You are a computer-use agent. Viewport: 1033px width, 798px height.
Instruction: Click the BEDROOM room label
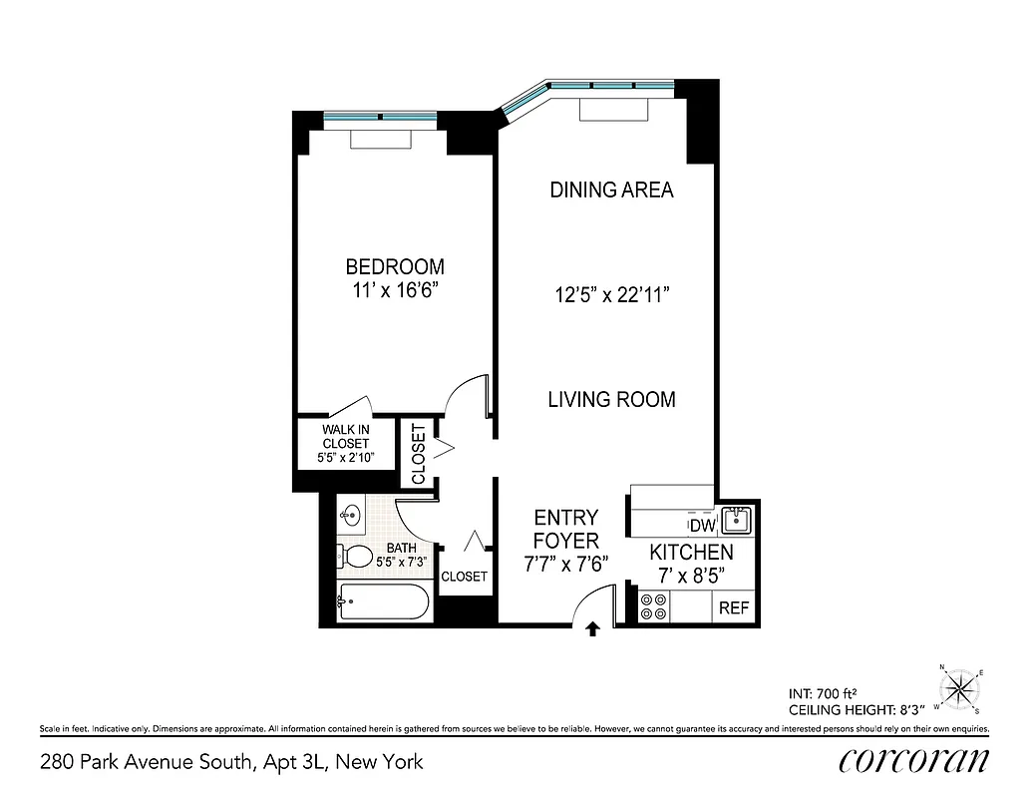tap(395, 267)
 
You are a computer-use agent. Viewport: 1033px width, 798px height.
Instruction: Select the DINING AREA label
tap(611, 190)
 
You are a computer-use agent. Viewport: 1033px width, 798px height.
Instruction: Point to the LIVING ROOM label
tap(611, 400)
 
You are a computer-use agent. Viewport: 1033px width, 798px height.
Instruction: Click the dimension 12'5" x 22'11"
tap(611, 295)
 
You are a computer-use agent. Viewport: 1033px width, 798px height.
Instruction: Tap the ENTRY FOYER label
tap(565, 530)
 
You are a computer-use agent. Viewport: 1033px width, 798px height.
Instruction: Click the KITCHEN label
tap(691, 553)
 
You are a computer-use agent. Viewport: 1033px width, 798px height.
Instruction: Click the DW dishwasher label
tap(702, 525)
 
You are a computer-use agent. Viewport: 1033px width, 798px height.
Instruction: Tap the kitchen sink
tap(737, 519)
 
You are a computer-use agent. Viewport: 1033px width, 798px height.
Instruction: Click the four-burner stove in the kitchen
tap(653, 606)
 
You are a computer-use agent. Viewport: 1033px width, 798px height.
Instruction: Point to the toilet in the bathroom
tap(355, 556)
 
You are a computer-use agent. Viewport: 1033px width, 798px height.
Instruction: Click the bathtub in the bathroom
tap(383, 602)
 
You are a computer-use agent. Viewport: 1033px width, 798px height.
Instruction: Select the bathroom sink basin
tap(350, 516)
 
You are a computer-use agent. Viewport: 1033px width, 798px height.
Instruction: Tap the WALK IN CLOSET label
tap(345, 443)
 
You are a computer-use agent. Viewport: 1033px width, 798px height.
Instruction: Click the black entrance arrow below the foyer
tap(592, 628)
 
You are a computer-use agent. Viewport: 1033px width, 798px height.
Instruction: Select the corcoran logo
tap(914, 761)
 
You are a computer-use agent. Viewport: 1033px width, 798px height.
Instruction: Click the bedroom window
tap(380, 118)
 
